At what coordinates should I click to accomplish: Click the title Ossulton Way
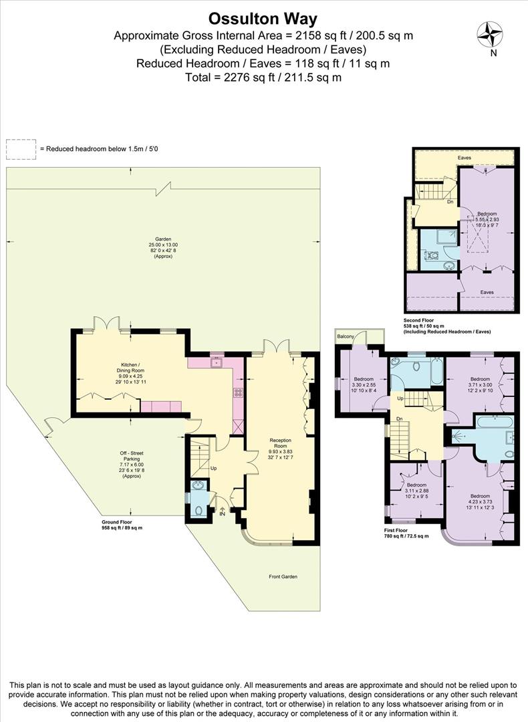263,18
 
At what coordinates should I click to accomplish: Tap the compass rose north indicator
490,34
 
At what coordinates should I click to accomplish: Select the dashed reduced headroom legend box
21,148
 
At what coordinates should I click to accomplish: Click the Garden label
163,239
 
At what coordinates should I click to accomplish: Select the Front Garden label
283,576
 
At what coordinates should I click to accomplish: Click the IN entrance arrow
223,511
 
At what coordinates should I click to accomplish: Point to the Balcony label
346,336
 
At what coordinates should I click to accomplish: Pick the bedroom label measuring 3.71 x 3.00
479,379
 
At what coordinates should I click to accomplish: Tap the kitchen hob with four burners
237,392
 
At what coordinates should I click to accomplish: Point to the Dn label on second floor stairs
450,201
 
